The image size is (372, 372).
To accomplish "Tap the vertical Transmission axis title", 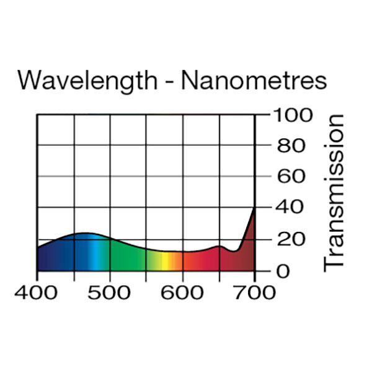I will pos(334,192).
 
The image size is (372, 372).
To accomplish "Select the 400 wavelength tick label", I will pos(37,292).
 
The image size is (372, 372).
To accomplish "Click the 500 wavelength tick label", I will pos(110,292).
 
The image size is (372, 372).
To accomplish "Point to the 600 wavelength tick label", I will pos(182,292).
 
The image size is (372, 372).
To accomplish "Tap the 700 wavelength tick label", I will pos(255,292).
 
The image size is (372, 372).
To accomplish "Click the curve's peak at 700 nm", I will pos(254,209).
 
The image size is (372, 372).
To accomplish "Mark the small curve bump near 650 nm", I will pos(219,247).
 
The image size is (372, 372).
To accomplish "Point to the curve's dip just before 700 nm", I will pos(235,251).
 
